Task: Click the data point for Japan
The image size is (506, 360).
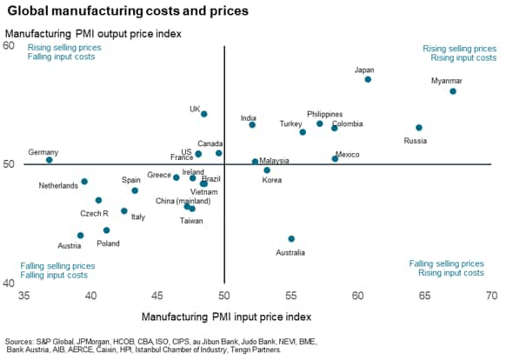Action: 368,79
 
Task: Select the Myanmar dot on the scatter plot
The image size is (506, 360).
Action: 452,91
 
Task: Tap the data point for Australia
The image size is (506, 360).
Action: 291,238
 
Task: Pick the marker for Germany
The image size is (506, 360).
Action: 50,160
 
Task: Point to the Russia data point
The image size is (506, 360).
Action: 419,128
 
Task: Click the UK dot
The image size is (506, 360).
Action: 204,114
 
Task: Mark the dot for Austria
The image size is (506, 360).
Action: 80,235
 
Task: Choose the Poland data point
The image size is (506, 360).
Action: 106,230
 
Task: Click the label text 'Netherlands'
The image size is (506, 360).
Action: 58,186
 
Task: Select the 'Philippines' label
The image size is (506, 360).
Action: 324,114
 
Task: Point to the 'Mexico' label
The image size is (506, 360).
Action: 347,155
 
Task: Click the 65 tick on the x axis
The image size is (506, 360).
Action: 424,295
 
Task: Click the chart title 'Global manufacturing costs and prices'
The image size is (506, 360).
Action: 126,11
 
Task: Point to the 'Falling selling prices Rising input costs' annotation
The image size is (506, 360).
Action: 446,268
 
